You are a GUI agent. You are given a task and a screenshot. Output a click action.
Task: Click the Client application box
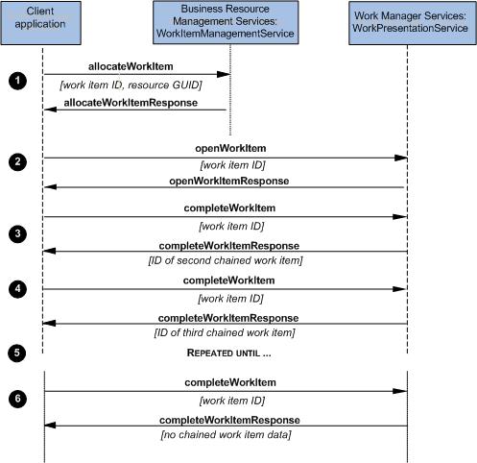(x=40, y=23)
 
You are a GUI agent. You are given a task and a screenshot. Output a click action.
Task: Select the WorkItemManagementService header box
(x=226, y=22)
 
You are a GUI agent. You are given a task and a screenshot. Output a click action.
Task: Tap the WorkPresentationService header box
(x=413, y=23)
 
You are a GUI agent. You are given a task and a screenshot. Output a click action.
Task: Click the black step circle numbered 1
(x=17, y=81)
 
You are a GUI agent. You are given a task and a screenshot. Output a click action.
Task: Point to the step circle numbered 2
(x=17, y=161)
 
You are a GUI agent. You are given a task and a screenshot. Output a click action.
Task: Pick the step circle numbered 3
(x=17, y=233)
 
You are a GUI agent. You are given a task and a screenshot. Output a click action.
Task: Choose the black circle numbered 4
(x=17, y=289)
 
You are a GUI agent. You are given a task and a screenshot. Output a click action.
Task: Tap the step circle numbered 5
(x=17, y=353)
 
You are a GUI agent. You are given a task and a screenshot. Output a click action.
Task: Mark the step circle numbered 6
(x=17, y=399)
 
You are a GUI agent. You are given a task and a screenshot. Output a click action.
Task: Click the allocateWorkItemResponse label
(x=131, y=103)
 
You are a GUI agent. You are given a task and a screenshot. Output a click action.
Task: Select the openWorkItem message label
(x=230, y=148)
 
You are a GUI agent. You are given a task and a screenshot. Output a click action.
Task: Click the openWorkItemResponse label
(x=229, y=181)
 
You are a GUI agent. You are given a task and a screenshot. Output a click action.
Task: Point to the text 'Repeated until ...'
(x=229, y=353)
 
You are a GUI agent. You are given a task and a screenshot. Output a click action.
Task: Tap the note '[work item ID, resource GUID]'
(x=131, y=85)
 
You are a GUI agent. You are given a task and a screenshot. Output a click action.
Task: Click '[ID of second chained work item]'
(x=226, y=260)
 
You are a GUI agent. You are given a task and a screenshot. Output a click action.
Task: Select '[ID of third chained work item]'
(x=225, y=332)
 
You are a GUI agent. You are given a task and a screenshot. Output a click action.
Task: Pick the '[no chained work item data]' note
(x=227, y=435)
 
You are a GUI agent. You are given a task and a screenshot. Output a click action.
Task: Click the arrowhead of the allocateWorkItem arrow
(x=224, y=74)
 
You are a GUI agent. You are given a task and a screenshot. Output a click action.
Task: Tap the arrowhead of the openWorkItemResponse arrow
(x=50, y=187)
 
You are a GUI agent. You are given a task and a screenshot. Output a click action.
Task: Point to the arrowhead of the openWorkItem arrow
(x=401, y=158)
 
